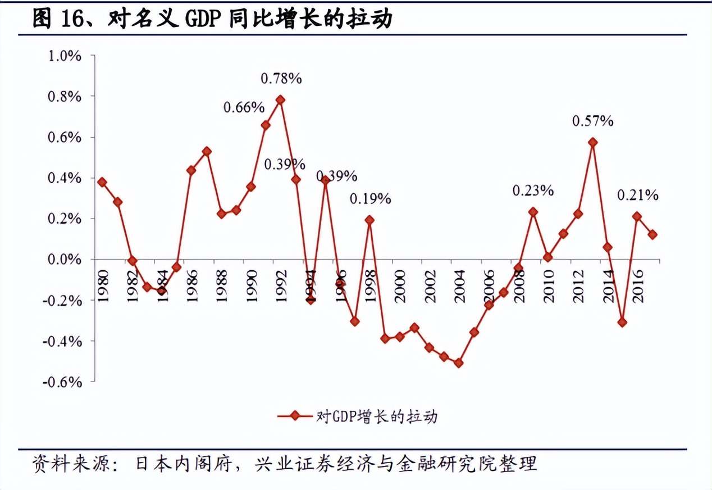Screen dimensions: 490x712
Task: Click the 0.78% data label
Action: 281,79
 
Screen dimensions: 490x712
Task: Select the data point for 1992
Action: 280,100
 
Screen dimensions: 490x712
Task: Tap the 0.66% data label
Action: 244,107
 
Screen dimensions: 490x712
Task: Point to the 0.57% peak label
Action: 592,120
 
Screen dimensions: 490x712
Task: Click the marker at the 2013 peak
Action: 592,142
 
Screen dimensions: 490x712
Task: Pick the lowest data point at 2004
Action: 459,363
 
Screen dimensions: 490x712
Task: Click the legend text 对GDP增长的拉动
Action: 377,416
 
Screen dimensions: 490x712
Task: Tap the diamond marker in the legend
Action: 294,416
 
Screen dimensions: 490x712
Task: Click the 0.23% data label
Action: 533,191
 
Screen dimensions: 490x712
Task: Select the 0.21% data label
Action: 637,195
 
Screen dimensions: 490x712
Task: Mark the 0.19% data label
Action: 370,198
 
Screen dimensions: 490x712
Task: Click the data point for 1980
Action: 102,182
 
